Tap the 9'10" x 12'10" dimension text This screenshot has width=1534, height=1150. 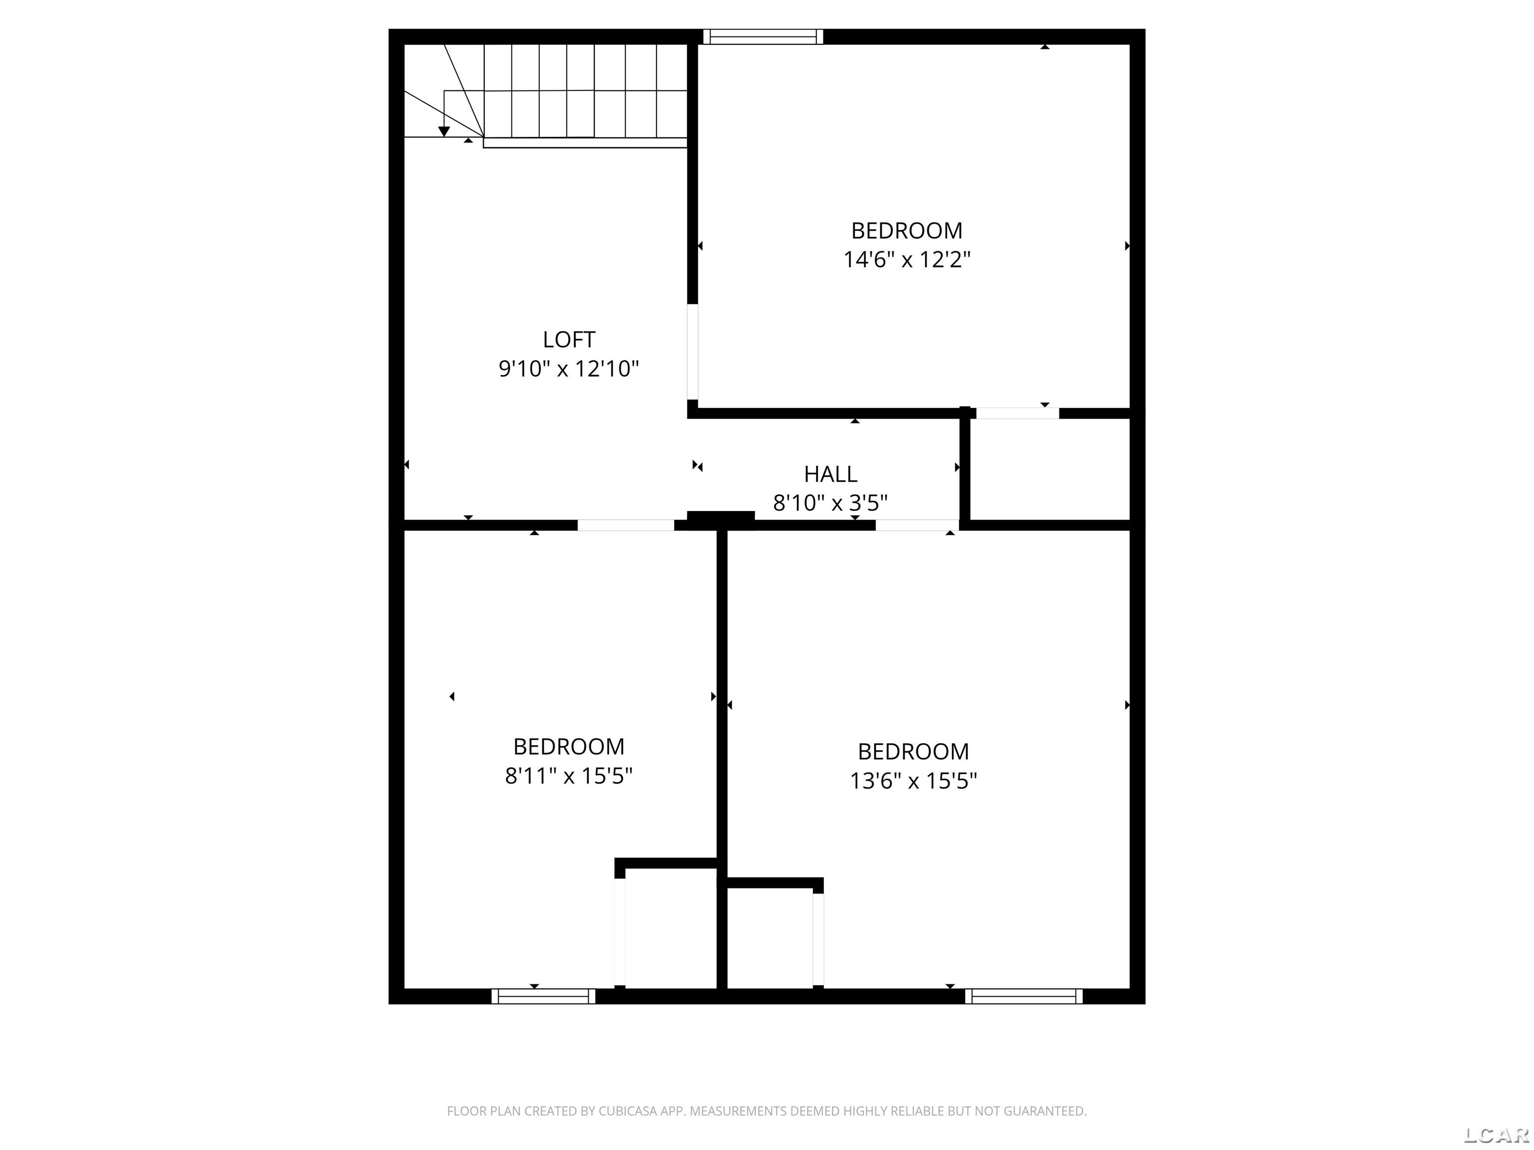point(569,369)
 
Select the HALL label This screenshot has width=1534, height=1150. point(831,474)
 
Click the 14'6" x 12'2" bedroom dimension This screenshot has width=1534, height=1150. point(907,259)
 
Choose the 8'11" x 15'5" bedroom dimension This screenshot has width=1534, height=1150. point(569,776)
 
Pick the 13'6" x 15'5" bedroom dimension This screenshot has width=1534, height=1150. point(913,781)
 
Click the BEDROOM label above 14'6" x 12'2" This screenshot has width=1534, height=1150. point(907,230)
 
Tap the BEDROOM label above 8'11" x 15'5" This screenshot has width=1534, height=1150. point(569,747)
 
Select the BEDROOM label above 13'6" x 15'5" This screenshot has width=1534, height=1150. point(913,751)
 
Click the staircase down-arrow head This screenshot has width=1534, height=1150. point(444,131)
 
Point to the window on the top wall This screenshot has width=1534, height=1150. point(763,37)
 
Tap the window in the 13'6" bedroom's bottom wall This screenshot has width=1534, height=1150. point(1024,996)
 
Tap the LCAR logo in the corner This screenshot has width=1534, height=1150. point(1496,1134)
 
